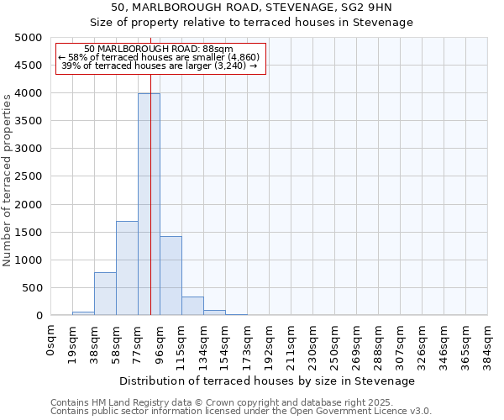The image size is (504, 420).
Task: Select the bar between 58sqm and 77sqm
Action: [127, 268]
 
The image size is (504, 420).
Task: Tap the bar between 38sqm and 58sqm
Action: [105, 293]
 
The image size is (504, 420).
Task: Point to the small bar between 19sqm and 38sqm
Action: [83, 313]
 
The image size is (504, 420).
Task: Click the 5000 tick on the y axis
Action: [28, 38]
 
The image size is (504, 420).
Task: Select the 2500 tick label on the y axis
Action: [28, 176]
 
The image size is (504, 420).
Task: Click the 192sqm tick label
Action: [269, 344]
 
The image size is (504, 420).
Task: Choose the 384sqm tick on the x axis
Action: [487, 344]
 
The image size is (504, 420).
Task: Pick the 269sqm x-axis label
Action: [356, 344]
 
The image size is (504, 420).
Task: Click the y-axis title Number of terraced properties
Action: [8, 180]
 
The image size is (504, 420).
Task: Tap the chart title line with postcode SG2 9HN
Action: [252, 8]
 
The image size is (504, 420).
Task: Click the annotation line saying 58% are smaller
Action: [160, 57]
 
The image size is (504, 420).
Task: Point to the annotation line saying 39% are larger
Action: [160, 66]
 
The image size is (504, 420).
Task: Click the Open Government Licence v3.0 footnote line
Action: [241, 411]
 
